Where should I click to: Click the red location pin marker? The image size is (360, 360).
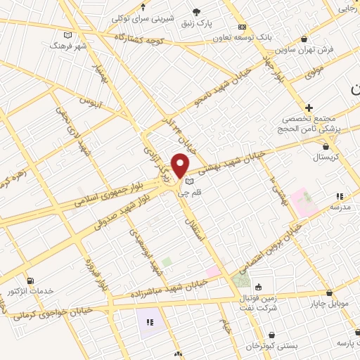tap(181, 165)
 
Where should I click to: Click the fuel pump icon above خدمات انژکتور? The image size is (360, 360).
tap(29, 281)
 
